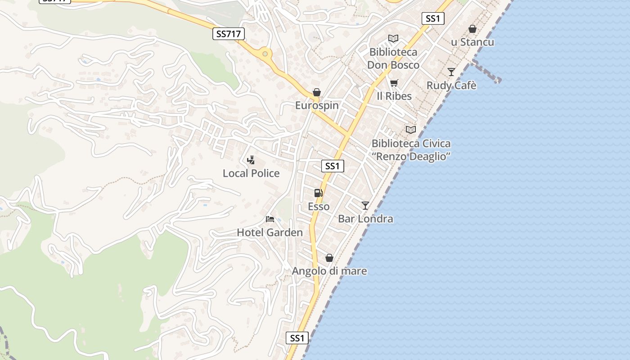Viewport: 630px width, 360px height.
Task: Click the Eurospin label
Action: click(317, 105)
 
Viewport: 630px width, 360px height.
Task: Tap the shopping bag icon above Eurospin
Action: click(317, 92)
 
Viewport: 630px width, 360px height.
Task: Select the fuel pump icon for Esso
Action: click(318, 193)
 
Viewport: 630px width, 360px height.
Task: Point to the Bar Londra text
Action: click(365, 219)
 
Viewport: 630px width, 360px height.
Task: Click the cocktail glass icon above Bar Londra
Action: click(365, 206)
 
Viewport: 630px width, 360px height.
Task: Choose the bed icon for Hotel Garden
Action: click(270, 219)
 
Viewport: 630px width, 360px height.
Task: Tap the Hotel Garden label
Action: click(270, 233)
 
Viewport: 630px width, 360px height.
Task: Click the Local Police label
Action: click(251, 173)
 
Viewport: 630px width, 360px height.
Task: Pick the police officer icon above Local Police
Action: click(251, 160)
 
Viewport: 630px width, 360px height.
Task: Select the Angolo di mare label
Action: click(329, 271)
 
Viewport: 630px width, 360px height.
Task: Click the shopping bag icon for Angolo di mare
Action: click(329, 258)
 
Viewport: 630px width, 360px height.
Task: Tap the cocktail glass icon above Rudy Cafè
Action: click(451, 72)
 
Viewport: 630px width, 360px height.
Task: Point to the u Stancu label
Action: click(472, 42)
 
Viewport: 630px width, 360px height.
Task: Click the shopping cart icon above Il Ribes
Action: click(394, 83)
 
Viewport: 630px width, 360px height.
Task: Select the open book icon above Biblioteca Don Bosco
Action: click(393, 39)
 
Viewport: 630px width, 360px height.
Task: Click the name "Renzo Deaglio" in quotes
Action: click(411, 157)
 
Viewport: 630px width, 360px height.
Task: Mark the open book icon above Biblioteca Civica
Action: click(411, 130)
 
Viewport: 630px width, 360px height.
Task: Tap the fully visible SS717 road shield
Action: click(229, 33)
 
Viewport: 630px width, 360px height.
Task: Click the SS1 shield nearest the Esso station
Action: click(333, 166)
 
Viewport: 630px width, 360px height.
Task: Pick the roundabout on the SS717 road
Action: click(265, 54)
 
